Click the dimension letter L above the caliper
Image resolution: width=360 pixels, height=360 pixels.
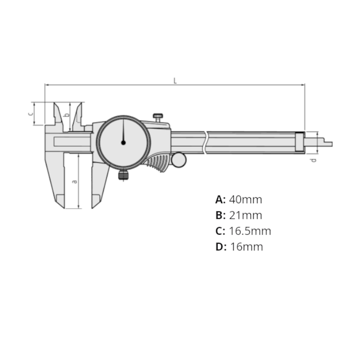175,81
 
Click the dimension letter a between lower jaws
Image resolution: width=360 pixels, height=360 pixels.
75,181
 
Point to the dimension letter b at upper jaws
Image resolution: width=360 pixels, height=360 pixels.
66,115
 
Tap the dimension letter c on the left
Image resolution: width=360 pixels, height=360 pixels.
31,113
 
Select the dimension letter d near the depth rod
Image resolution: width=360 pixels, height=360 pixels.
313,160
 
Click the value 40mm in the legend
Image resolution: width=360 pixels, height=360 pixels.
245,199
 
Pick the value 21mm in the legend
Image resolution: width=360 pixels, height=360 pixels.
245,215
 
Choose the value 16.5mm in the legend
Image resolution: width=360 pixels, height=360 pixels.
250,231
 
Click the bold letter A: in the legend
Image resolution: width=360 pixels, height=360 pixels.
220,199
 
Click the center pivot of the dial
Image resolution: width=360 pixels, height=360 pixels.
124,142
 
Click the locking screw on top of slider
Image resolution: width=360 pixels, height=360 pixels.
158,117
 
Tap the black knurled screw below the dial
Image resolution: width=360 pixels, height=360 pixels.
123,176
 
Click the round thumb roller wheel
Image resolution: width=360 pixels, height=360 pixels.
179,160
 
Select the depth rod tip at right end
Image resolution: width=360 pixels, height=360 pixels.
328,144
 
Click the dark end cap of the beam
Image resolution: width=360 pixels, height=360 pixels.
300,142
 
